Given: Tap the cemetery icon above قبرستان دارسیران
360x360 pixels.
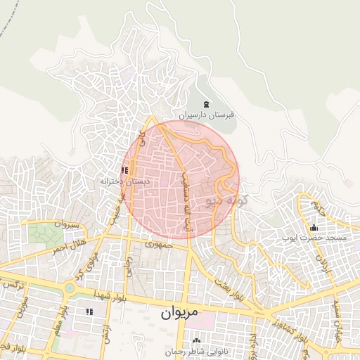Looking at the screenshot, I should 206,104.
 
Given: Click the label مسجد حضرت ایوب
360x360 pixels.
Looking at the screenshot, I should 314,238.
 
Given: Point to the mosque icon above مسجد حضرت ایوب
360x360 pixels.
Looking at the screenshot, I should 314,228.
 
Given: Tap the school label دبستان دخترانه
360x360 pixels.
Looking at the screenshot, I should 124,181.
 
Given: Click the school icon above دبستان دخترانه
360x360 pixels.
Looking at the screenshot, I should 124,170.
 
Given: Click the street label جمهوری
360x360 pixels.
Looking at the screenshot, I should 157,245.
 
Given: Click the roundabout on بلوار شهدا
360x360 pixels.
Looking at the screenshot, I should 69,288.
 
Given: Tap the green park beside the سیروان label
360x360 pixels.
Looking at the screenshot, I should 44,233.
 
